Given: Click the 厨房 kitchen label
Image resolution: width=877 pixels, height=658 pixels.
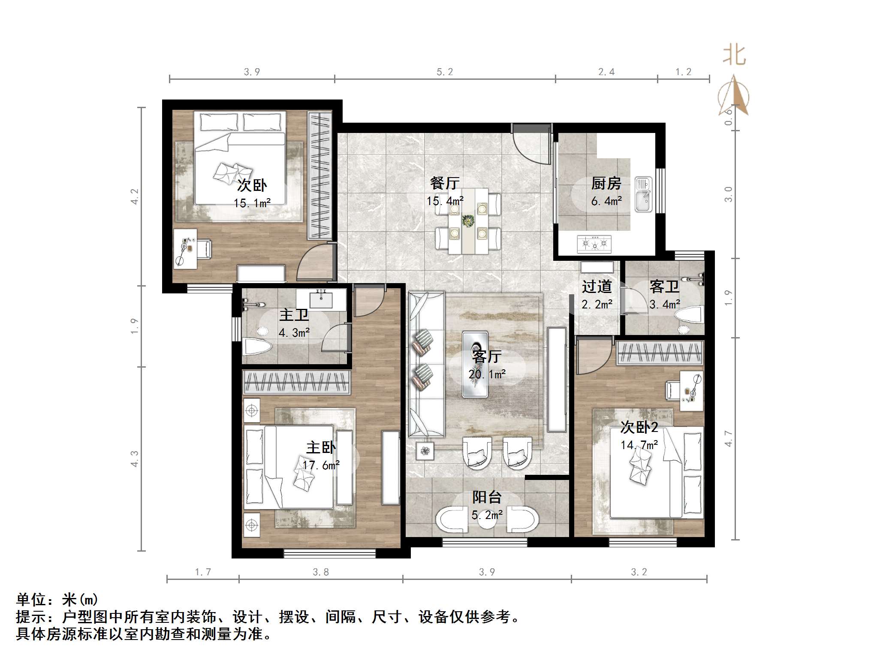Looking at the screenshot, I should (x=606, y=184).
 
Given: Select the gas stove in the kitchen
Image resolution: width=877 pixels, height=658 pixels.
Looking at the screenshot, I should (x=594, y=244).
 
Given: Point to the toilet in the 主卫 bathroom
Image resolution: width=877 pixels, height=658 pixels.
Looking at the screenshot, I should (x=257, y=346).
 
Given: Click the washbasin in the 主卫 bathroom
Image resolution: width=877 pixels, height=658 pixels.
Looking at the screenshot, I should (x=321, y=299).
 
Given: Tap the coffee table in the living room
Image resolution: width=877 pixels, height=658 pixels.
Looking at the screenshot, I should (x=475, y=364).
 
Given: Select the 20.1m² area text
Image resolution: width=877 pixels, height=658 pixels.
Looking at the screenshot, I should (x=487, y=374).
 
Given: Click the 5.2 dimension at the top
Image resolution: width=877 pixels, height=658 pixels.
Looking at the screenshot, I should (x=445, y=72).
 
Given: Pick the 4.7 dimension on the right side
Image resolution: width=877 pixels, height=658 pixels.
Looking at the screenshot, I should (x=729, y=438).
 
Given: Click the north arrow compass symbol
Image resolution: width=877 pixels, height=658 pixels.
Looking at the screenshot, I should (x=734, y=97).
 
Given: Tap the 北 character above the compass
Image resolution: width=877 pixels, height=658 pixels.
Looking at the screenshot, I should (x=734, y=56).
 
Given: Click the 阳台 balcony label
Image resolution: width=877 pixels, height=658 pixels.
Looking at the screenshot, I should (x=487, y=497).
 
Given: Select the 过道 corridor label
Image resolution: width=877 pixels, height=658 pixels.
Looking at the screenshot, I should (x=597, y=287).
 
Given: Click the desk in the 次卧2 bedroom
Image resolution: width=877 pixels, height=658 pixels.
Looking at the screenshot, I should (x=692, y=391).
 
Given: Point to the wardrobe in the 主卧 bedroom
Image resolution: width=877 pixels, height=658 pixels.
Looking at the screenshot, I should (x=296, y=382).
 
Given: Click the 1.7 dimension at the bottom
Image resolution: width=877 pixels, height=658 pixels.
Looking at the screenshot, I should (x=203, y=572).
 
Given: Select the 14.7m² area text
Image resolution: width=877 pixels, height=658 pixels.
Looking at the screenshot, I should (x=639, y=445).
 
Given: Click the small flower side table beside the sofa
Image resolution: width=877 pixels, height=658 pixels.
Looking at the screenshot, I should (x=425, y=450).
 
